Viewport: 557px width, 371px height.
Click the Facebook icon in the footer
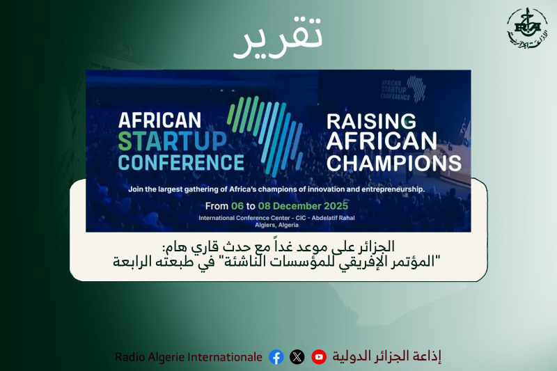point(276,357)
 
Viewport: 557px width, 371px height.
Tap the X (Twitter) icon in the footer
point(297,357)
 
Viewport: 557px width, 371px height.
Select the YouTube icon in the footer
point(319,357)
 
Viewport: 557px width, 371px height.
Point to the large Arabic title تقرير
point(278,40)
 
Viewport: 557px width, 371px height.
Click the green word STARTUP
point(172,141)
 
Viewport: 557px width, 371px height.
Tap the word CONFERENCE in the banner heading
point(181,162)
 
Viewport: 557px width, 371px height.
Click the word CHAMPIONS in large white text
point(393,163)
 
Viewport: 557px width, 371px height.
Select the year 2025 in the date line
point(334,206)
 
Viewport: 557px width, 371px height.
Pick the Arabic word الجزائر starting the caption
point(379,246)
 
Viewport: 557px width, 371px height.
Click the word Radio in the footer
point(130,357)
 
